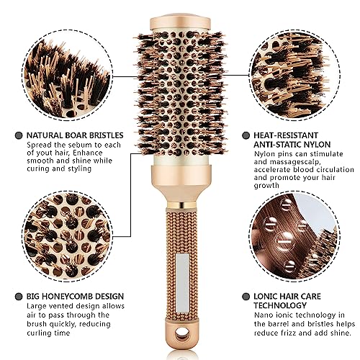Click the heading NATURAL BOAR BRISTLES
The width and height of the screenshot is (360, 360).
(75, 135)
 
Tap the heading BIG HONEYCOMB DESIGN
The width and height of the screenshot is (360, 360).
(75, 296)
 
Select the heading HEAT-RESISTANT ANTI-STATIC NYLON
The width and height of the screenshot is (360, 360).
(292, 140)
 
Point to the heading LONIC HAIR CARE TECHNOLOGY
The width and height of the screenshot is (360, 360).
(287, 301)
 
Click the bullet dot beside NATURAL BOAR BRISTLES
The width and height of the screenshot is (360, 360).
(19, 135)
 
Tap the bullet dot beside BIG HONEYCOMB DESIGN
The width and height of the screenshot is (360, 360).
(19, 297)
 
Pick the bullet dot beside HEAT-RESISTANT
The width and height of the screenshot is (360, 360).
(246, 135)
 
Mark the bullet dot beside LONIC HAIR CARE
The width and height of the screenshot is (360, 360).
(246, 297)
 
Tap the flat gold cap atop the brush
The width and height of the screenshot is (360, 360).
(180, 22)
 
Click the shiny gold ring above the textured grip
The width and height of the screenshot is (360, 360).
(181, 205)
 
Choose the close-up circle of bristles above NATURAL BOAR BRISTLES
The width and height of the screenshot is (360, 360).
(67, 76)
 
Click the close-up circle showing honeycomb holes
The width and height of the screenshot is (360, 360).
(67, 236)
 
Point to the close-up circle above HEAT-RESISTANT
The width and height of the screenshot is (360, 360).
(294, 76)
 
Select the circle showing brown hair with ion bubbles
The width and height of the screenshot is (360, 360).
(294, 236)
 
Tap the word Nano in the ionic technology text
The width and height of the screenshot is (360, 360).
(264, 315)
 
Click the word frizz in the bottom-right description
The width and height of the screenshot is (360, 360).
(289, 333)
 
